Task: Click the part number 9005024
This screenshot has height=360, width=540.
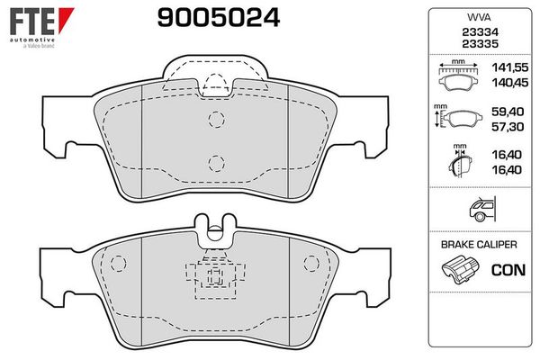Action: tap(219, 18)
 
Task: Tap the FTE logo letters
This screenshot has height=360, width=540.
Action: tap(32, 22)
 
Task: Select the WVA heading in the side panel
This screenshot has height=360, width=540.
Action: tap(479, 17)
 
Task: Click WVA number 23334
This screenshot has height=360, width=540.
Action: tap(480, 32)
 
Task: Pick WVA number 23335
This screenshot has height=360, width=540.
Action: tap(480, 44)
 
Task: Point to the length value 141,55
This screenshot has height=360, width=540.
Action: tap(509, 67)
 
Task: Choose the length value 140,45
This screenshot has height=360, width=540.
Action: tap(509, 83)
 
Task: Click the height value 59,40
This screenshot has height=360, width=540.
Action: tap(508, 112)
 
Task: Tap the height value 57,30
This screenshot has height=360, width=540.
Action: tap(508, 127)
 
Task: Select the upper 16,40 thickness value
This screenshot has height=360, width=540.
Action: tap(507, 155)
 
